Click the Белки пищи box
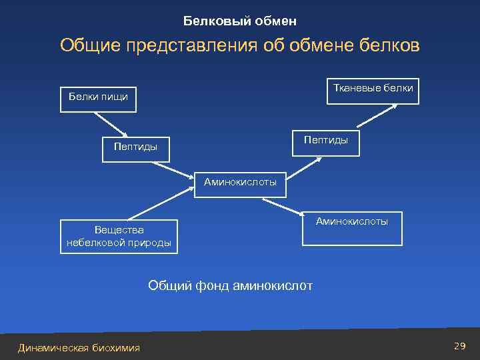99,97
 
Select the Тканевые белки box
373,89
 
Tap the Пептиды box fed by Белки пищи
136,147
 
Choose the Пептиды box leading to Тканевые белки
326,141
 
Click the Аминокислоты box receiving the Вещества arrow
240,183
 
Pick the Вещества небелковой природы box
119,237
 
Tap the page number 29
458,345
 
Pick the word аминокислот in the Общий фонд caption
273,286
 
